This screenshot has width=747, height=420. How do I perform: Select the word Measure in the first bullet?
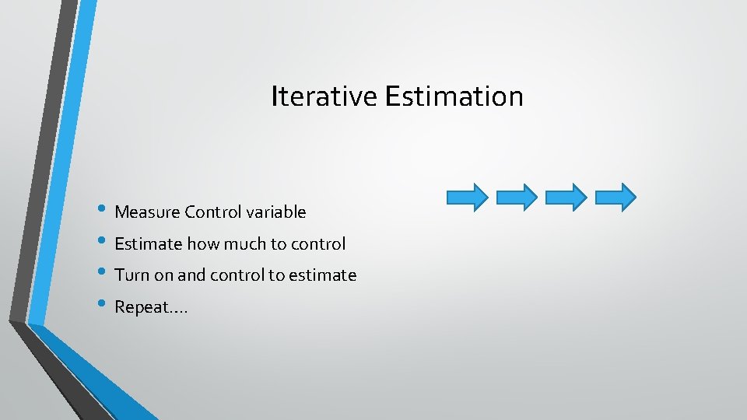pyautogui.click(x=147, y=212)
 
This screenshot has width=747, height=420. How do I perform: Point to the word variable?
pyautogui.click(x=276, y=212)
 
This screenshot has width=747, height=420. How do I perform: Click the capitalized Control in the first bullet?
pyautogui.click(x=213, y=212)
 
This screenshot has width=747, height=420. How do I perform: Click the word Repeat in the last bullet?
pyautogui.click(x=141, y=307)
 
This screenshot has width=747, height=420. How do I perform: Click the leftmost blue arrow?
pyautogui.click(x=468, y=197)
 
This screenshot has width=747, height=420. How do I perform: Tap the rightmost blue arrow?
pyautogui.click(x=615, y=197)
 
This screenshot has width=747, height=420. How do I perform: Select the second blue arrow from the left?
pyautogui.click(x=517, y=197)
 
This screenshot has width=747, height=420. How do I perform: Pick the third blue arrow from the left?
pyautogui.click(x=566, y=197)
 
